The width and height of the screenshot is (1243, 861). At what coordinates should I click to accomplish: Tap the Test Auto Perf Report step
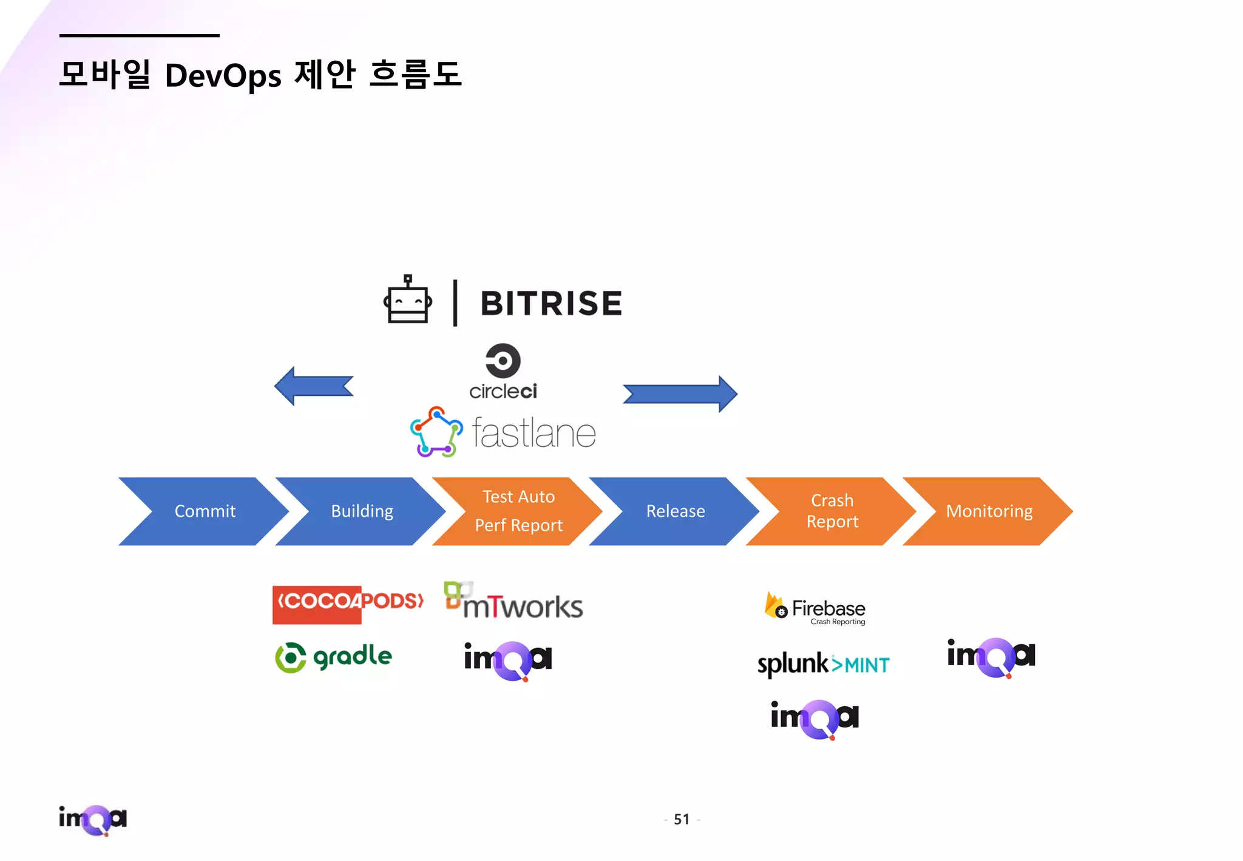(x=518, y=511)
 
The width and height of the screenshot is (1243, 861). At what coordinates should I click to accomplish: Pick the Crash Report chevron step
(x=832, y=511)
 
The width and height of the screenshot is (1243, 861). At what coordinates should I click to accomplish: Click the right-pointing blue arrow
(x=680, y=394)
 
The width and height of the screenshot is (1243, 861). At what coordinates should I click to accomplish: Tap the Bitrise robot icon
(x=408, y=301)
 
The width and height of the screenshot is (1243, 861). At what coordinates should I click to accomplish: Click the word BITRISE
(x=551, y=304)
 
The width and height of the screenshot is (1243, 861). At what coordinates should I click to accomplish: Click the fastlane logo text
(x=534, y=434)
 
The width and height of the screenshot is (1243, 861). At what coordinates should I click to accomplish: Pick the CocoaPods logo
(x=348, y=604)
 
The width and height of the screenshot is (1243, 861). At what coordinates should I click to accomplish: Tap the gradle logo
(x=334, y=658)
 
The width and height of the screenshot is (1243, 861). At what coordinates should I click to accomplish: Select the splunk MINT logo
(x=823, y=664)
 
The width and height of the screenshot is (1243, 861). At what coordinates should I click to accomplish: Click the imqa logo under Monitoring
(x=991, y=657)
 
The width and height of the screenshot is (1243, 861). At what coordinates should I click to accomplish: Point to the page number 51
(x=682, y=820)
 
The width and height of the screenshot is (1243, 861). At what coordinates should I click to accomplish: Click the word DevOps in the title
(x=223, y=76)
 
